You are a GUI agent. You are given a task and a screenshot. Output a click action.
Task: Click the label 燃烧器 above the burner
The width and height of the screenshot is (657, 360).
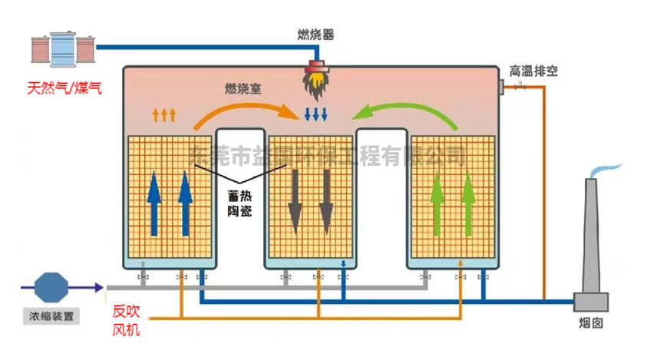315,35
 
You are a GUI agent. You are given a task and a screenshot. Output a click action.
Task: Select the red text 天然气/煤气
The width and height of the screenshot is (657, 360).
64,88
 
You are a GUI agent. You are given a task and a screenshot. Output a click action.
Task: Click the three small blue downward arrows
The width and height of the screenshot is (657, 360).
316,116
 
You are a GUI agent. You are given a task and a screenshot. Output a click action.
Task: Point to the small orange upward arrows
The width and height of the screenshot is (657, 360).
164,115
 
